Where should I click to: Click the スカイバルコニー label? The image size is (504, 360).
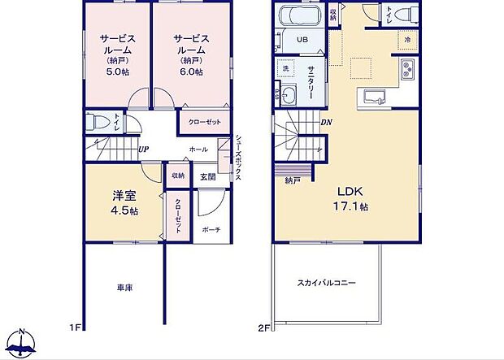coord(326,283)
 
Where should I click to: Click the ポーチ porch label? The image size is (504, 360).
coord(211,230)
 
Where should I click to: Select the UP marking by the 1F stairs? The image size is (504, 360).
coord(143,150)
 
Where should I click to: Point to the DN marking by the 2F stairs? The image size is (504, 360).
coord(326,123)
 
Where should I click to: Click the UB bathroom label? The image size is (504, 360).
coord(300,40)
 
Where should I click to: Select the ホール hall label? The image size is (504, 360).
coord(198,150)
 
